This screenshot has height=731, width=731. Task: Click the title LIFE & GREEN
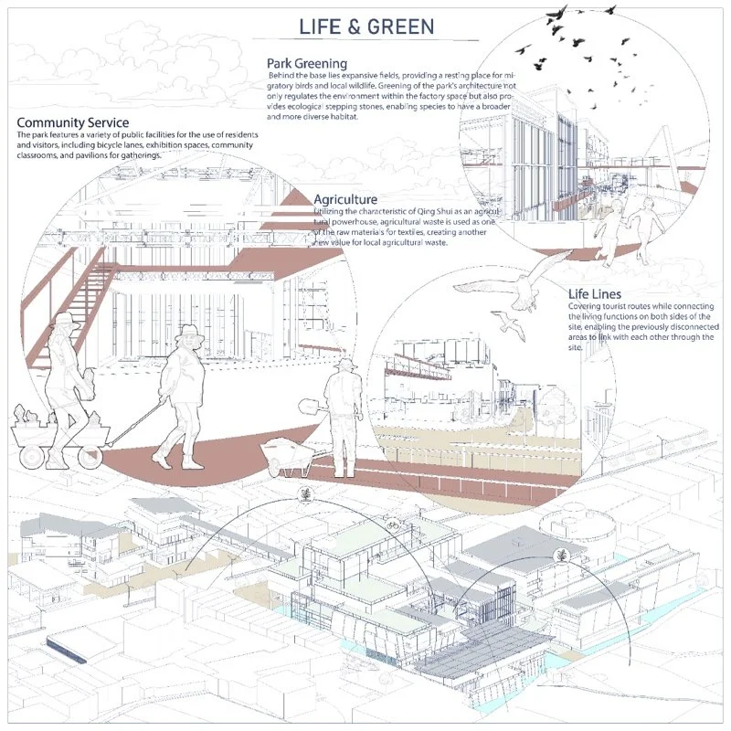point(366,26)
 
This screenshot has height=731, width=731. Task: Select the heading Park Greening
point(307,63)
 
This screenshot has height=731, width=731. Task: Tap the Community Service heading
point(73,122)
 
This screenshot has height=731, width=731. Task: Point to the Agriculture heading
point(345,199)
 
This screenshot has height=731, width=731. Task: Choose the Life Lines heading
point(595,293)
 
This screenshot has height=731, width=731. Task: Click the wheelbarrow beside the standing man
point(287,458)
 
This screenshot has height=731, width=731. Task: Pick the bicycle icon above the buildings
point(394,525)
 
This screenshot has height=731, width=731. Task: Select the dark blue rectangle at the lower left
point(67,650)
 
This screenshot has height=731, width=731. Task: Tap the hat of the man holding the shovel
point(345,364)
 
